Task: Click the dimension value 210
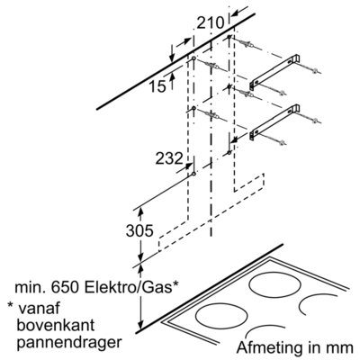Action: pyautogui.click(x=211, y=23)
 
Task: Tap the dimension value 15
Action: pyautogui.click(x=157, y=86)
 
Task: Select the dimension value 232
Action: pyautogui.click(x=169, y=158)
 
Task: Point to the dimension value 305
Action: pyautogui.click(x=139, y=231)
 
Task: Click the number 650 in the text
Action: pyautogui.click(x=66, y=288)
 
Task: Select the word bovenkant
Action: pyautogui.click(x=56, y=325)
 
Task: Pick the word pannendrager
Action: pyautogui.click(x=69, y=342)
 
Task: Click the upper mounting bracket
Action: pyautogui.click(x=274, y=72)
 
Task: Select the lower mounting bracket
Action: pyautogui.click(x=274, y=122)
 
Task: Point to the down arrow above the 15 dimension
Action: pyautogui.click(x=172, y=54)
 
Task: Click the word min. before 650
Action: pyautogui.click(x=31, y=288)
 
